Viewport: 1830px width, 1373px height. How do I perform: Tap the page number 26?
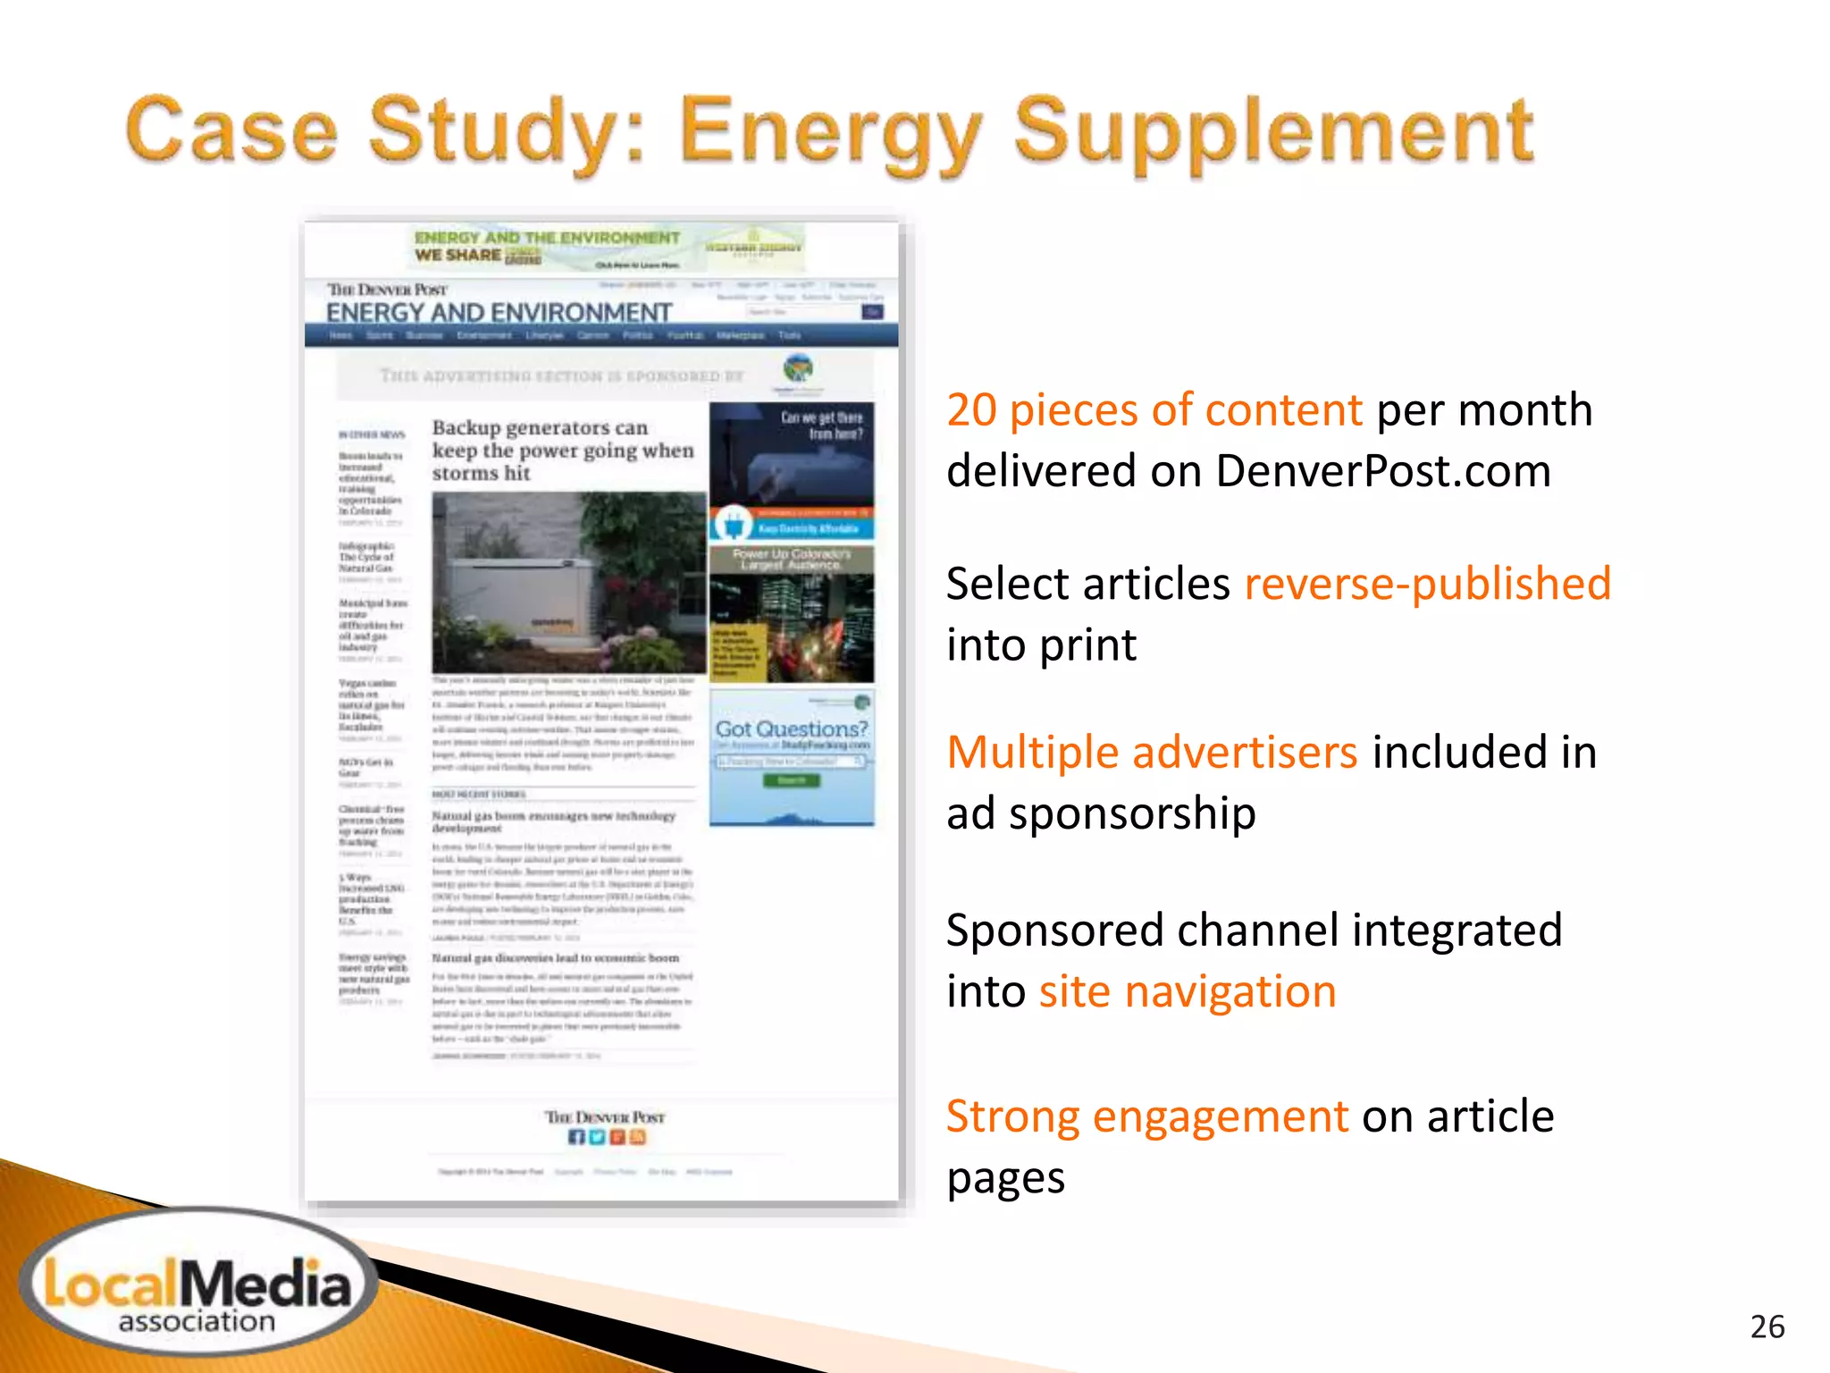(x=1767, y=1327)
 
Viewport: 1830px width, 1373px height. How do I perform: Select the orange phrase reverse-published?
(x=1427, y=584)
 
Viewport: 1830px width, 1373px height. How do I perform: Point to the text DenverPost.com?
(x=1382, y=471)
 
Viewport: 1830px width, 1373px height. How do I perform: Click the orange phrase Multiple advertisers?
(x=1152, y=752)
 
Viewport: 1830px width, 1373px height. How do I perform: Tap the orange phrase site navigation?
(x=1187, y=991)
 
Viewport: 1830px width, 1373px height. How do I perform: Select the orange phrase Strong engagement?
(x=1146, y=1116)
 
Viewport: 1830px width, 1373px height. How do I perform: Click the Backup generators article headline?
(x=562, y=450)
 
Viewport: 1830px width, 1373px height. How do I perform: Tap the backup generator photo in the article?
(x=569, y=582)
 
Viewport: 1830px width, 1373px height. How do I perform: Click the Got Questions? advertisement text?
(x=792, y=729)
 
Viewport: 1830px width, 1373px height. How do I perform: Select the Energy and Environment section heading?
(x=499, y=313)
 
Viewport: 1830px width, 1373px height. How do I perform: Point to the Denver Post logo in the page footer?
(x=605, y=1117)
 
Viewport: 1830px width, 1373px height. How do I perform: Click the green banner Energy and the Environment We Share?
(x=547, y=247)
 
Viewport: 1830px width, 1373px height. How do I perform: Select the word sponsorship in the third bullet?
(x=1132, y=814)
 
